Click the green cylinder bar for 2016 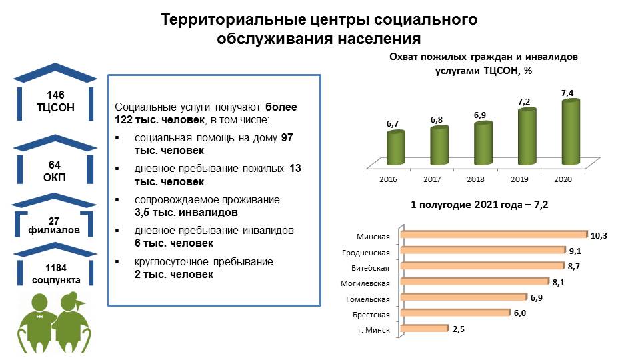coord(395,147)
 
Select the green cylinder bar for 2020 coord(571,132)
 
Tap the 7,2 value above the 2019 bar coord(524,101)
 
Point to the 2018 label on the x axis coord(475,179)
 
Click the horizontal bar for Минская coord(494,234)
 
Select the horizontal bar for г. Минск coord(425,328)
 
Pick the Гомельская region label coord(368,299)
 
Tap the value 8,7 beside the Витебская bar coord(573,267)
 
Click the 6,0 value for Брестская coord(519,313)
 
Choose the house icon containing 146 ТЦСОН coord(55,91)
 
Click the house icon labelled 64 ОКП coord(55,159)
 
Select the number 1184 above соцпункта coord(56,268)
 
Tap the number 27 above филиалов coord(54,221)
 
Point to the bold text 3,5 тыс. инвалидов coord(186,213)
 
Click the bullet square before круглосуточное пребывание coord(117,261)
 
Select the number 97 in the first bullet coord(287,137)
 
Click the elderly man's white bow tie coord(39,317)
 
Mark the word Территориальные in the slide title coord(233,19)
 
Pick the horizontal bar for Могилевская coord(475,281)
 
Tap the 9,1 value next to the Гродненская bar coord(575,251)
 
